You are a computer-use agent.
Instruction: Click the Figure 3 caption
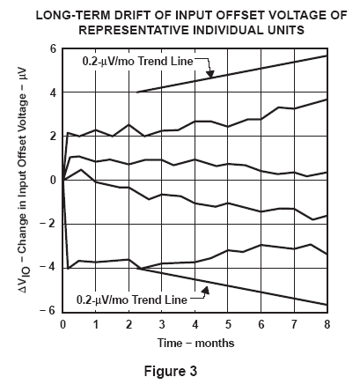171,371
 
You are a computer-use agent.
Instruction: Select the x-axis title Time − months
195,343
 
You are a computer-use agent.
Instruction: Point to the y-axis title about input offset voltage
24,180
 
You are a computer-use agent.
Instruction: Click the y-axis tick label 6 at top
53,48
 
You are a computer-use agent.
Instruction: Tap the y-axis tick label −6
48,310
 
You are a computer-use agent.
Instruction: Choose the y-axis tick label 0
53,180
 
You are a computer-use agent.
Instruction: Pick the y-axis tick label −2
48,224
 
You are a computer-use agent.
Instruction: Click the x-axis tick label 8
327,324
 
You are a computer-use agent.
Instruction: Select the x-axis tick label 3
162,324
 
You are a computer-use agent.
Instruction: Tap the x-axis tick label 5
228,324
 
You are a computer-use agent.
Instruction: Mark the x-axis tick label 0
62,324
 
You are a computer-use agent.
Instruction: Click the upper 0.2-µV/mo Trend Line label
138,62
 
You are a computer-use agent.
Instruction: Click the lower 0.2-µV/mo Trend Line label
132,300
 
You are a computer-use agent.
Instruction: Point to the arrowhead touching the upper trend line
210,74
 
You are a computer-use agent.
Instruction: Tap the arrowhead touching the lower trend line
206,290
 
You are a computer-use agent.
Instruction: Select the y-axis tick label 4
53,92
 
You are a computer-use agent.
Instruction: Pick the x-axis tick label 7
294,324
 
